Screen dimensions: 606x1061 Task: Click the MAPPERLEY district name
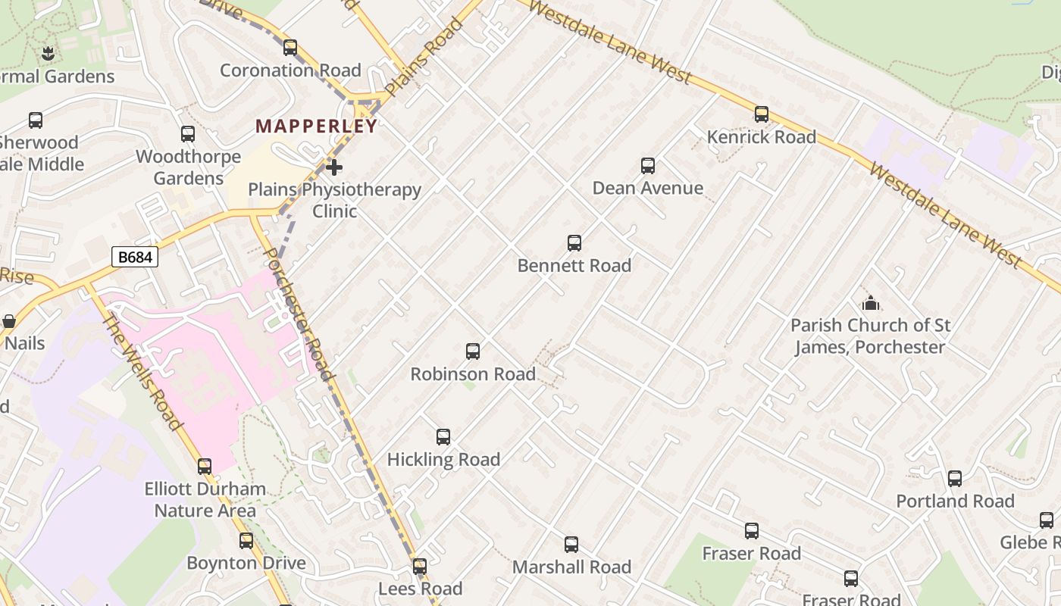coord(316,127)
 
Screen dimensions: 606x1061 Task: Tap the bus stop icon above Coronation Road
coord(290,48)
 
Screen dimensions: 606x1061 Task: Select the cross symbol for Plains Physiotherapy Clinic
coord(333,167)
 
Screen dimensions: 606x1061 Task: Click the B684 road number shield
coord(135,257)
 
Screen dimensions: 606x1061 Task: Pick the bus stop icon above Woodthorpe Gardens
coord(188,134)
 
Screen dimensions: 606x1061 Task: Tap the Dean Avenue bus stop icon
coord(648,166)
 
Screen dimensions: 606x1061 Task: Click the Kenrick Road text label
coord(761,137)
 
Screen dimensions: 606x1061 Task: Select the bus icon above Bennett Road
coord(574,243)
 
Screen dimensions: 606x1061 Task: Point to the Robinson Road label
coord(473,374)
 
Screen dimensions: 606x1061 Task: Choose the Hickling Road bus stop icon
coord(443,437)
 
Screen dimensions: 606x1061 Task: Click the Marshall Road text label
coord(571,567)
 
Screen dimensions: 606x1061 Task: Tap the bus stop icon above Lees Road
coord(420,567)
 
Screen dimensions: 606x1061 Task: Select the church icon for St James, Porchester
coord(871,304)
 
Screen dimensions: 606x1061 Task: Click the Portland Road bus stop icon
coord(955,479)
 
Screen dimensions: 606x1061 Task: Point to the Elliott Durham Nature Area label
coord(205,500)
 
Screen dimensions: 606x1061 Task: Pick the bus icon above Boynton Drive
coord(246,541)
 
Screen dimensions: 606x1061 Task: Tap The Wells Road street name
coord(143,372)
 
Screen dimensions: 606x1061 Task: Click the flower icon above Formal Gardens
coord(49,54)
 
